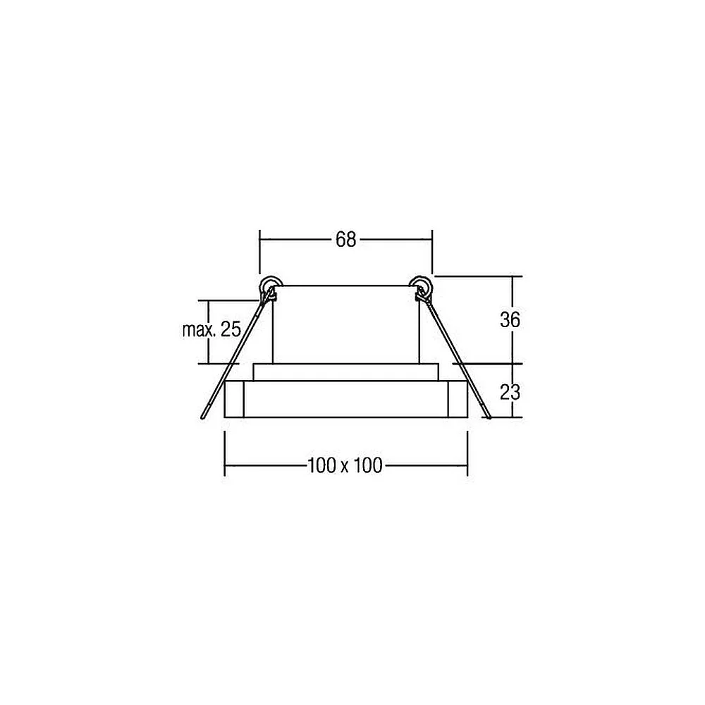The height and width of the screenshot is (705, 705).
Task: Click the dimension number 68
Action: coord(345,240)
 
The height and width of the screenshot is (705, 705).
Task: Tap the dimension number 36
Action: coord(510,319)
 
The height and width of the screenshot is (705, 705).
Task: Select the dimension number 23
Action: coord(510,393)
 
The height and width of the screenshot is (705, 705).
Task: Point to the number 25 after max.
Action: coord(231,330)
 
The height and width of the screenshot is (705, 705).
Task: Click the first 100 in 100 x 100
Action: coord(322,465)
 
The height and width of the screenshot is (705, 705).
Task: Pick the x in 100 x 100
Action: coord(345,467)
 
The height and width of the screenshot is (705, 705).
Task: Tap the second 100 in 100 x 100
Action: coord(367,465)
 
